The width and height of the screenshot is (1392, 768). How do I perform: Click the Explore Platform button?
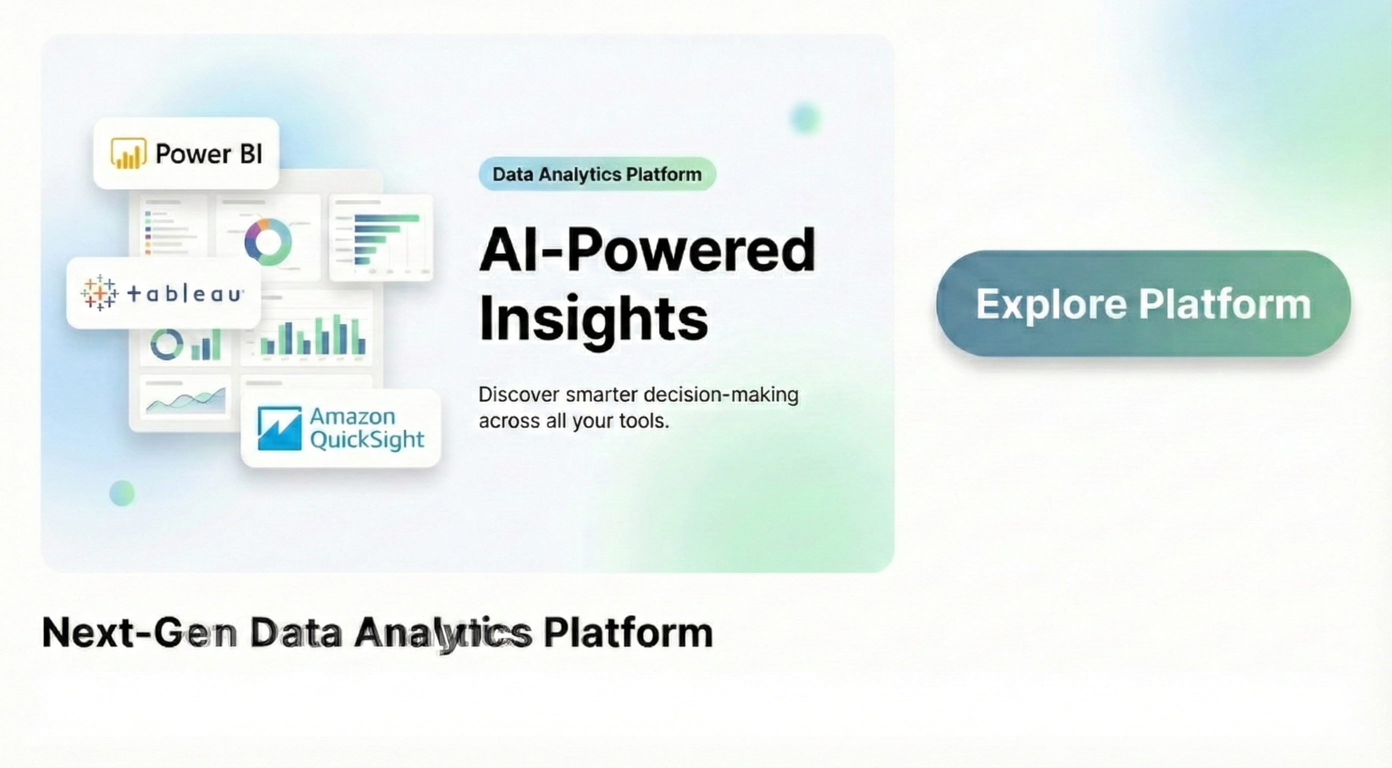(x=1143, y=303)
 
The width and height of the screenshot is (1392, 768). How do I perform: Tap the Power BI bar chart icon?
(x=128, y=153)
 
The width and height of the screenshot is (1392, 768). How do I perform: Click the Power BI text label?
(x=209, y=154)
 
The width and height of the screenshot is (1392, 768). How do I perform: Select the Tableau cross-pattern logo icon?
(x=99, y=293)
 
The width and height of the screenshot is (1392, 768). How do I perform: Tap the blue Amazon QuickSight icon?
(x=279, y=428)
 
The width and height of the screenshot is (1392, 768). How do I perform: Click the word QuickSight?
(x=367, y=440)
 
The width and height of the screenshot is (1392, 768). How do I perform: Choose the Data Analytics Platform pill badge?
(x=597, y=174)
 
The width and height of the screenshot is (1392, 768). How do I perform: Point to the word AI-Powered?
(x=647, y=250)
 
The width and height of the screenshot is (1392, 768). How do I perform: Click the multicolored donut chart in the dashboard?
(x=267, y=241)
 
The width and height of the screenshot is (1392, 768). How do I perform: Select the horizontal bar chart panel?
(x=381, y=238)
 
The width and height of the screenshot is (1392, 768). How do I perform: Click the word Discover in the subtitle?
(x=518, y=394)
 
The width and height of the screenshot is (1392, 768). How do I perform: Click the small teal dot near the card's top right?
(x=805, y=117)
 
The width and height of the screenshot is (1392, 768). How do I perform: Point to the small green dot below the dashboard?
(x=122, y=493)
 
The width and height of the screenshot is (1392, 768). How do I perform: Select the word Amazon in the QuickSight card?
(x=352, y=416)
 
